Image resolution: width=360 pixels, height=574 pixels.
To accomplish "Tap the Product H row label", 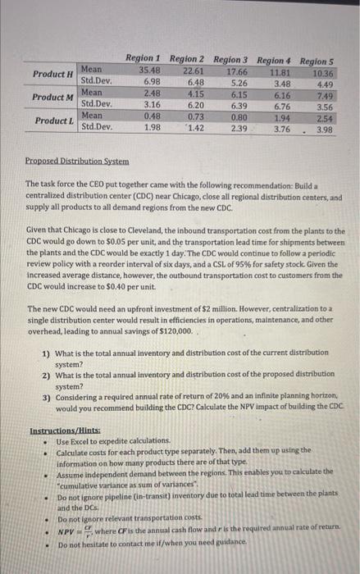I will coord(52,75).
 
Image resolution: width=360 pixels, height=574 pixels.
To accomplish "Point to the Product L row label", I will coord(52,121).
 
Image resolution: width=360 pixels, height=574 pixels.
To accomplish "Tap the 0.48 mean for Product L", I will coord(146,116).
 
